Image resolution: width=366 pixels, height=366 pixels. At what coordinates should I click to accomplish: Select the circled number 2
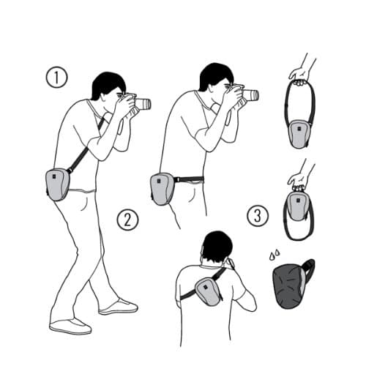[127, 220]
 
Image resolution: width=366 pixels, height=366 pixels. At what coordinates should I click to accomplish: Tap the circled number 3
[258, 216]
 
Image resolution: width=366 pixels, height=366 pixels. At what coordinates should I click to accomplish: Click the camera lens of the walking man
[144, 104]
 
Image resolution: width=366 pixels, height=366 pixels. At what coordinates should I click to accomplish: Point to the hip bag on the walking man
[58, 184]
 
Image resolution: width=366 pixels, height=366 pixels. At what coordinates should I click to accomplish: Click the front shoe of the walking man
[119, 307]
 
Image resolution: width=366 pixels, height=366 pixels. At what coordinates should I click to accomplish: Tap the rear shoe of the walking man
[70, 326]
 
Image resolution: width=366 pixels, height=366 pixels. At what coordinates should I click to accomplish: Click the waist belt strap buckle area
[179, 179]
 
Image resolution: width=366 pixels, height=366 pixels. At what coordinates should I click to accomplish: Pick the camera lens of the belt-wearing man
[251, 95]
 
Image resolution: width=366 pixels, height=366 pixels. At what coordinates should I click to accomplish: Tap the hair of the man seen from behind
[217, 247]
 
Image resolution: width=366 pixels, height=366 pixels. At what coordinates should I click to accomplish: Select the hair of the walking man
[108, 84]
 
